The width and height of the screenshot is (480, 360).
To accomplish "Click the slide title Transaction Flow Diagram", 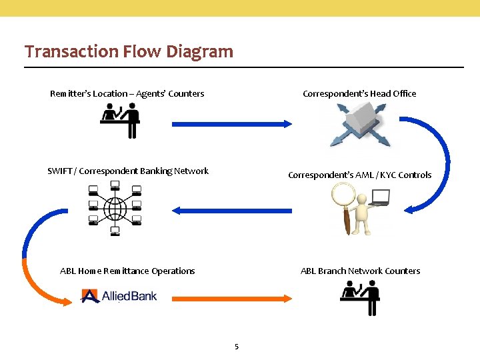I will tap(129, 51).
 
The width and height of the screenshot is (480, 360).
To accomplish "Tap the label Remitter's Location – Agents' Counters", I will tap(127, 93).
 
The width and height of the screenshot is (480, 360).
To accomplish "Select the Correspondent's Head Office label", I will tap(359, 93).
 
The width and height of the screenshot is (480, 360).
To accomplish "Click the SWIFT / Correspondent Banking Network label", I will tap(128, 171).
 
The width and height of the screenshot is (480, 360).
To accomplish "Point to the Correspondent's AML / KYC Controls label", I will tap(359, 175).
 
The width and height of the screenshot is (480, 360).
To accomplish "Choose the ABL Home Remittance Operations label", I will tap(127, 271).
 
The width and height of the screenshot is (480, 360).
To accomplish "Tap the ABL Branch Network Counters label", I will tap(360, 271).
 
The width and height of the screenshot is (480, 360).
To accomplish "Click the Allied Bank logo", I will tap(119, 295).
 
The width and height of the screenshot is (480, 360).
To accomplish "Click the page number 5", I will tap(237, 346).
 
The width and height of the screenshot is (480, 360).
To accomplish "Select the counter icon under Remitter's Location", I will tap(120, 122).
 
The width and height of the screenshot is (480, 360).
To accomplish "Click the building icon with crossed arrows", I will tap(359, 125).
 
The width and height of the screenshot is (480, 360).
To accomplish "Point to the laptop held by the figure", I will tap(379, 197).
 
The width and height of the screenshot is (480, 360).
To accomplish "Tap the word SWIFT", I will tap(61, 171).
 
